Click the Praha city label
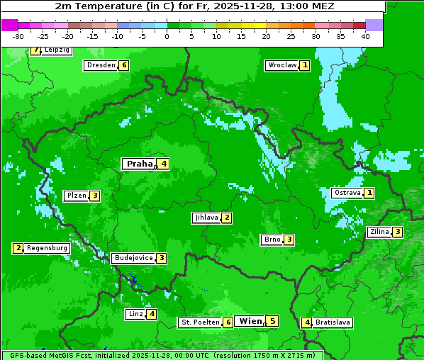(x=140, y=164)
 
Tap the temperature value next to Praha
(x=164, y=164)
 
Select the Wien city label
(x=250, y=321)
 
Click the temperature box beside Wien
(x=272, y=321)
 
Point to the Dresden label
(x=101, y=65)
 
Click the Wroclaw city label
(x=282, y=65)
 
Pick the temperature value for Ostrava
(x=369, y=193)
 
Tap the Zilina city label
(x=379, y=232)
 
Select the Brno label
(x=272, y=240)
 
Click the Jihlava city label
(x=206, y=218)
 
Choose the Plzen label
(x=76, y=196)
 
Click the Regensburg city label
(x=48, y=248)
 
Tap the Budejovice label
(x=133, y=258)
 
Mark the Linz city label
(x=135, y=314)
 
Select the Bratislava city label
(x=333, y=322)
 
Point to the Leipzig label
(x=57, y=50)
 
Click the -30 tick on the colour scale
(x=18, y=35)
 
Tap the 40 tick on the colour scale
(x=365, y=35)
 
